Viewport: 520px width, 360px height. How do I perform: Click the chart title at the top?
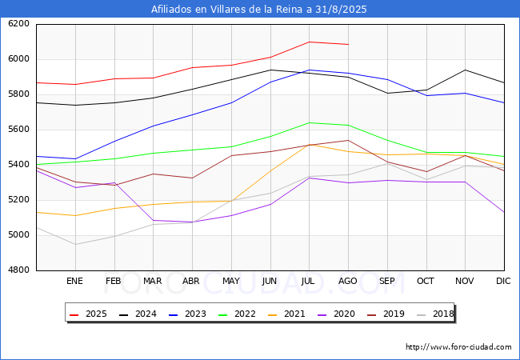tap(259, 10)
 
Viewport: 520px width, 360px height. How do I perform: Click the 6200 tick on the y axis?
tap(18, 24)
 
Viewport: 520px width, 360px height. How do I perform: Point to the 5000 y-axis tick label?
tap(18, 235)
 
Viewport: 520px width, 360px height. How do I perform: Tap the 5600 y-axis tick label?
tap(18, 130)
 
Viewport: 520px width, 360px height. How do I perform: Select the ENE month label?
tap(74, 282)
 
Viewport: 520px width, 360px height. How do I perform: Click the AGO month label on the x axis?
tap(348, 282)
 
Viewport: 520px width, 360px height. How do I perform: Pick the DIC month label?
tap(503, 282)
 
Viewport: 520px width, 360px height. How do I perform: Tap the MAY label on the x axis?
tap(230, 282)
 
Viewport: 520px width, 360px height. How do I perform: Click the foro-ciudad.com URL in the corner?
tap(458, 347)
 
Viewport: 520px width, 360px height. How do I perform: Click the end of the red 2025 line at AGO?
tap(348, 44)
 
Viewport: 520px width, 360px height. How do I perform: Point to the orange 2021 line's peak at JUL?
tap(309, 144)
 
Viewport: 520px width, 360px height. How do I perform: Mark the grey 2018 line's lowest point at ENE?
tap(74, 244)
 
